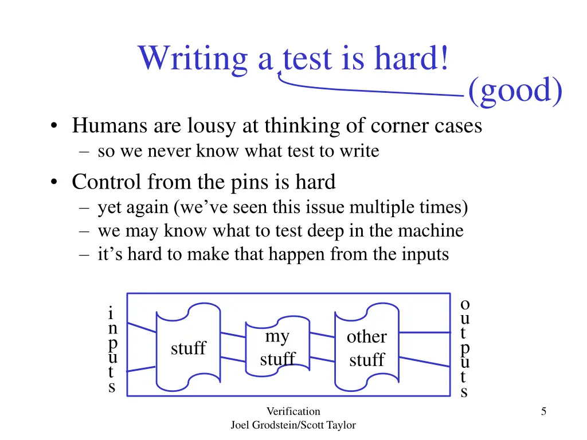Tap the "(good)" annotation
point(515,91)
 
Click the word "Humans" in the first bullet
point(101,125)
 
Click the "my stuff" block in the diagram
point(277,348)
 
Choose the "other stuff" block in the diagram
point(367,348)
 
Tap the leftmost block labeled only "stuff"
point(188,348)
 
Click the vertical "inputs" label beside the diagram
point(112,350)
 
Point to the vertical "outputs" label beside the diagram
point(465,348)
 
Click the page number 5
point(543,411)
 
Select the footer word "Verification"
point(293,411)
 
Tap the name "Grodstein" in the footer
point(274,425)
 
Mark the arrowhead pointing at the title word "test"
point(280,73)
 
